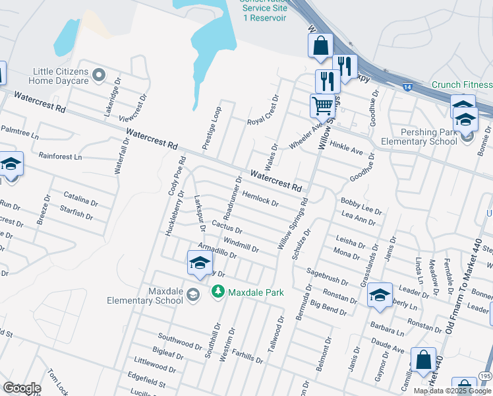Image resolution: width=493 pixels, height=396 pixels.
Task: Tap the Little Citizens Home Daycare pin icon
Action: pyautogui.click(x=100, y=75)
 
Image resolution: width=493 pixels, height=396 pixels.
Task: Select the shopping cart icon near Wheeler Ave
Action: pyautogui.click(x=322, y=105)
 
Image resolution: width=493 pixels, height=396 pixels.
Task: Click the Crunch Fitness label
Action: pyautogui.click(x=461, y=85)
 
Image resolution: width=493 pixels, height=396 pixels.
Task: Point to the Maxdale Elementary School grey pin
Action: pyautogui.click(x=193, y=294)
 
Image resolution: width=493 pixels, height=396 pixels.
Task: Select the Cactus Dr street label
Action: pyautogui.click(x=227, y=228)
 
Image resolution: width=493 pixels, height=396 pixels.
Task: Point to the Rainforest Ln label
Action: pyautogui.click(x=60, y=157)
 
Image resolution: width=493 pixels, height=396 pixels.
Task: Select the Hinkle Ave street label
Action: pyautogui.click(x=347, y=147)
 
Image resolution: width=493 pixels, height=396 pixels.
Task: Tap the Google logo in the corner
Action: pyautogui.click(x=22, y=388)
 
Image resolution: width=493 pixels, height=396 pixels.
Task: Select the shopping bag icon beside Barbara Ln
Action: pyautogui.click(x=423, y=360)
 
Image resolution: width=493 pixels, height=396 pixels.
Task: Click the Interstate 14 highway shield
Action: pyautogui.click(x=408, y=86)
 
